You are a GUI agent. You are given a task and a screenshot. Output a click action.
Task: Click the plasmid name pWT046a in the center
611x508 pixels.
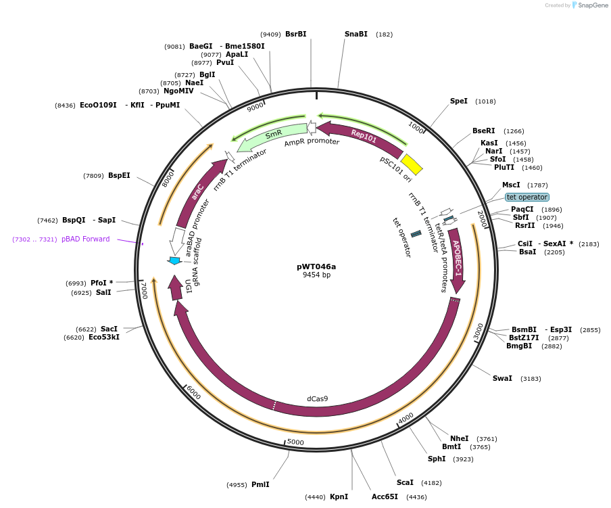click(x=316, y=267)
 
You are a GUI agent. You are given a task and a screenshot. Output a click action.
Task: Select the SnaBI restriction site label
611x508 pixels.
click(x=356, y=34)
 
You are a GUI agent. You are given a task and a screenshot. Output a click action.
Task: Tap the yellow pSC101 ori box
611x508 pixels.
click(x=412, y=164)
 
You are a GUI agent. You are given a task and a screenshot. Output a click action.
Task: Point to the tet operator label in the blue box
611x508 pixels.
click(x=527, y=197)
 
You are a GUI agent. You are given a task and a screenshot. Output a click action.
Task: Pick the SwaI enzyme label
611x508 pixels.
click(x=502, y=378)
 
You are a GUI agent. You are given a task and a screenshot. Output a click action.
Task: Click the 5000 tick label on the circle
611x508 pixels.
click(x=295, y=442)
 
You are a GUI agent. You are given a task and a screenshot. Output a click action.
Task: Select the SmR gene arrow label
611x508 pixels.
click(x=273, y=135)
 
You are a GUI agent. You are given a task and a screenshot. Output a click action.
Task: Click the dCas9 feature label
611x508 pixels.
click(x=317, y=398)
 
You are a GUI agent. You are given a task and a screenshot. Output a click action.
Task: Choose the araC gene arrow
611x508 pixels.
click(x=198, y=192)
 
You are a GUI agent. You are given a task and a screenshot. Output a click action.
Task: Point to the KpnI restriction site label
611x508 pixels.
click(x=339, y=497)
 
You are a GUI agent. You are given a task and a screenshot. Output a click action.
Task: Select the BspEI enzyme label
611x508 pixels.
click(x=119, y=175)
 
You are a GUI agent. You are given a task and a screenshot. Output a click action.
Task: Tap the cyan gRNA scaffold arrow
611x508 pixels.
click(x=174, y=260)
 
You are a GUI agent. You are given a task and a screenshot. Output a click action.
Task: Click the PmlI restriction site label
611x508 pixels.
click(x=260, y=484)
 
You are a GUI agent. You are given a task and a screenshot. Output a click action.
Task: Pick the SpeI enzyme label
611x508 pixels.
click(x=459, y=101)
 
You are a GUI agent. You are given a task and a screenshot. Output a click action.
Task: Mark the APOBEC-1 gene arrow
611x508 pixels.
click(x=457, y=258)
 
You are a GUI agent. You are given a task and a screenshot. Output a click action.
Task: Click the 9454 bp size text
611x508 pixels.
click(x=316, y=275)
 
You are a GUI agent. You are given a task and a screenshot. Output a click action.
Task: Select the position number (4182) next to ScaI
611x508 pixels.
click(x=431, y=483)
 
